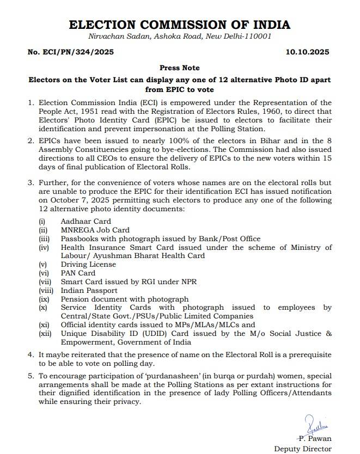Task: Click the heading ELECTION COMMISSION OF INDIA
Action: click(180, 24)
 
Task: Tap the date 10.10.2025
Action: click(307, 53)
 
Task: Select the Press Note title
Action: click(180, 68)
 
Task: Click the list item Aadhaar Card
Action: click(86, 222)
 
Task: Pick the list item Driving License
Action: click(88, 265)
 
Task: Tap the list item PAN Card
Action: click(78, 273)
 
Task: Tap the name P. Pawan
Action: click(314, 438)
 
